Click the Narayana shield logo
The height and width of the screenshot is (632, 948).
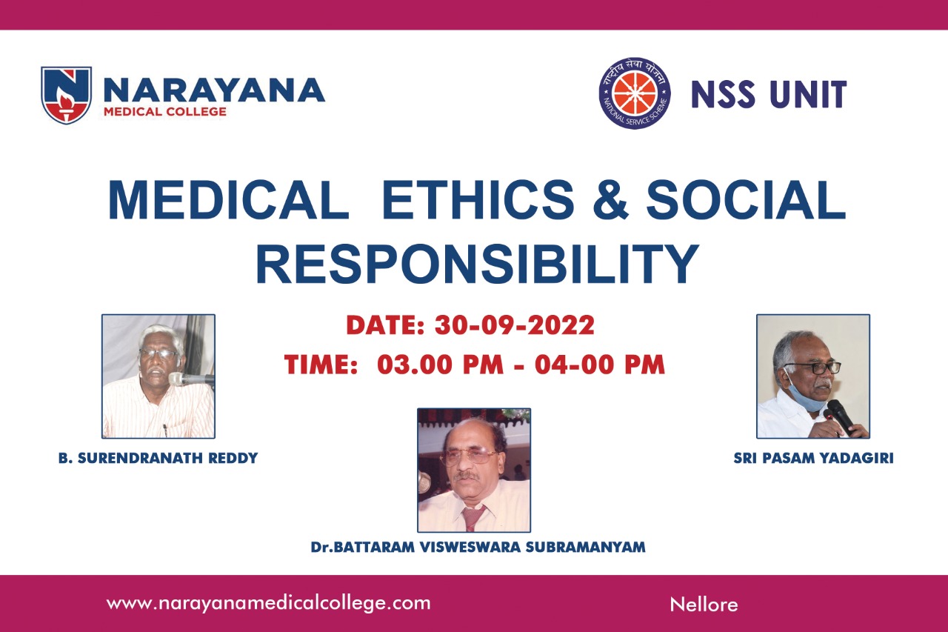[66, 95]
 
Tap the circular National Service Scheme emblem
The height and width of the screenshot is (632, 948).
[635, 93]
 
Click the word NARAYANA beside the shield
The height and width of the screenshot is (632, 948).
[214, 90]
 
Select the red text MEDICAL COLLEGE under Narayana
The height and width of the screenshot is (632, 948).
[165, 112]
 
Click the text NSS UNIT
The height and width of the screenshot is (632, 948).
[769, 94]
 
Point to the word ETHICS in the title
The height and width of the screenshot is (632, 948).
[478, 199]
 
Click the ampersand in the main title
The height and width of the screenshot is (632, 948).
[610, 199]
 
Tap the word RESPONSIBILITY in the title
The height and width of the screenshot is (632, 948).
[477, 263]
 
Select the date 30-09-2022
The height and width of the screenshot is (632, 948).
[515, 325]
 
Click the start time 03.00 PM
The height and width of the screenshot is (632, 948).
[440, 365]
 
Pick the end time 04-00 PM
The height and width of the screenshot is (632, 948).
[600, 365]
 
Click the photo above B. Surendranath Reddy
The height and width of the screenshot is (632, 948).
[158, 376]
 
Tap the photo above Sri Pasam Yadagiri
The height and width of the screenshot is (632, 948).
[813, 376]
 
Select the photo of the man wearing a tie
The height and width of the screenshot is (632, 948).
[474, 470]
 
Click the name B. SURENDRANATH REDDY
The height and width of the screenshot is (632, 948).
[158, 458]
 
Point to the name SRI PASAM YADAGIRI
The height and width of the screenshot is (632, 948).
[813, 458]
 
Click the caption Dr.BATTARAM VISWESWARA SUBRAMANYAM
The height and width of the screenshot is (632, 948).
[478, 547]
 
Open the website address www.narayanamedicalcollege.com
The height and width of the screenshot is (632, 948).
[268, 603]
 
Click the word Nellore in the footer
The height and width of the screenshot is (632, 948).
[704, 605]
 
